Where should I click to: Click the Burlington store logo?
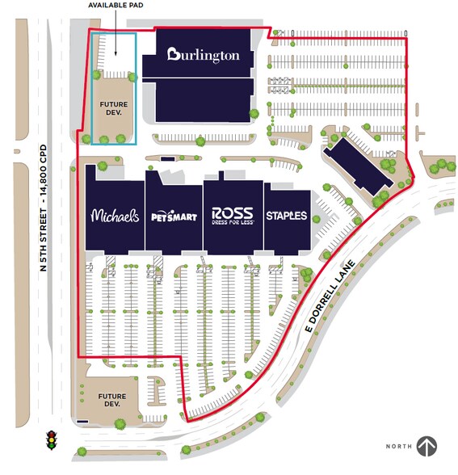(x=204, y=55)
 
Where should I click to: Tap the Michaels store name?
(x=115, y=216)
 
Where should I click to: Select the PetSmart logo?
(x=173, y=216)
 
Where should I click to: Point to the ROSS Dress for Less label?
(x=233, y=215)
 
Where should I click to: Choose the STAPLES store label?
(x=287, y=216)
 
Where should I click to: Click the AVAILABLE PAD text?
(x=113, y=5)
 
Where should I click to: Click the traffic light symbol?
(x=53, y=439)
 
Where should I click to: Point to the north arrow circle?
(x=426, y=445)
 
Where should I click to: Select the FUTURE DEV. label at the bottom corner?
(x=107, y=400)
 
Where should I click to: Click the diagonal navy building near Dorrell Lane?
(x=360, y=169)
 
